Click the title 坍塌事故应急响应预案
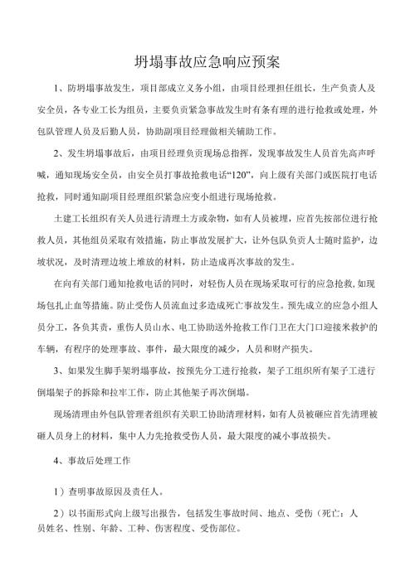point(207,63)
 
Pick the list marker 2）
point(57,513)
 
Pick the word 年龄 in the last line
point(115,529)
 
